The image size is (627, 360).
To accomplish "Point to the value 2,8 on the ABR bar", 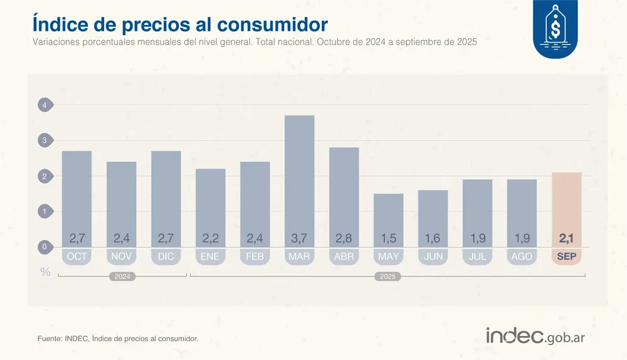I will click(x=344, y=238).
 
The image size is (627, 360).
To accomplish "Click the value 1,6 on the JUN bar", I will click(x=433, y=238).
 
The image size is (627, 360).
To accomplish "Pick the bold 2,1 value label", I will click(x=566, y=238).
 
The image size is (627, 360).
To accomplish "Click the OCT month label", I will click(x=76, y=257).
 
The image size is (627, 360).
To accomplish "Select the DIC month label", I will click(x=166, y=257).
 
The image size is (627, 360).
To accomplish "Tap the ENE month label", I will click(x=210, y=257).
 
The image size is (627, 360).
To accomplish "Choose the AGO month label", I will click(x=522, y=257).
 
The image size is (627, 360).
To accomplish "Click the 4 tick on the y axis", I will click(x=45, y=105).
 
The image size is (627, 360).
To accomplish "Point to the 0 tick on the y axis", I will click(x=45, y=247).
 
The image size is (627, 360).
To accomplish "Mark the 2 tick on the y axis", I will click(x=45, y=176).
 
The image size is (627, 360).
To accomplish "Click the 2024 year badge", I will click(x=122, y=277).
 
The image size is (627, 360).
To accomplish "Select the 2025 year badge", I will click(x=387, y=277).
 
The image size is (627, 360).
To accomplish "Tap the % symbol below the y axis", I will click(x=45, y=272).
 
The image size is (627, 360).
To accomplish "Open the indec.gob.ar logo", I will click(x=535, y=336).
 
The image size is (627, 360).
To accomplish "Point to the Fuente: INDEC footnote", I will click(x=118, y=339).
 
